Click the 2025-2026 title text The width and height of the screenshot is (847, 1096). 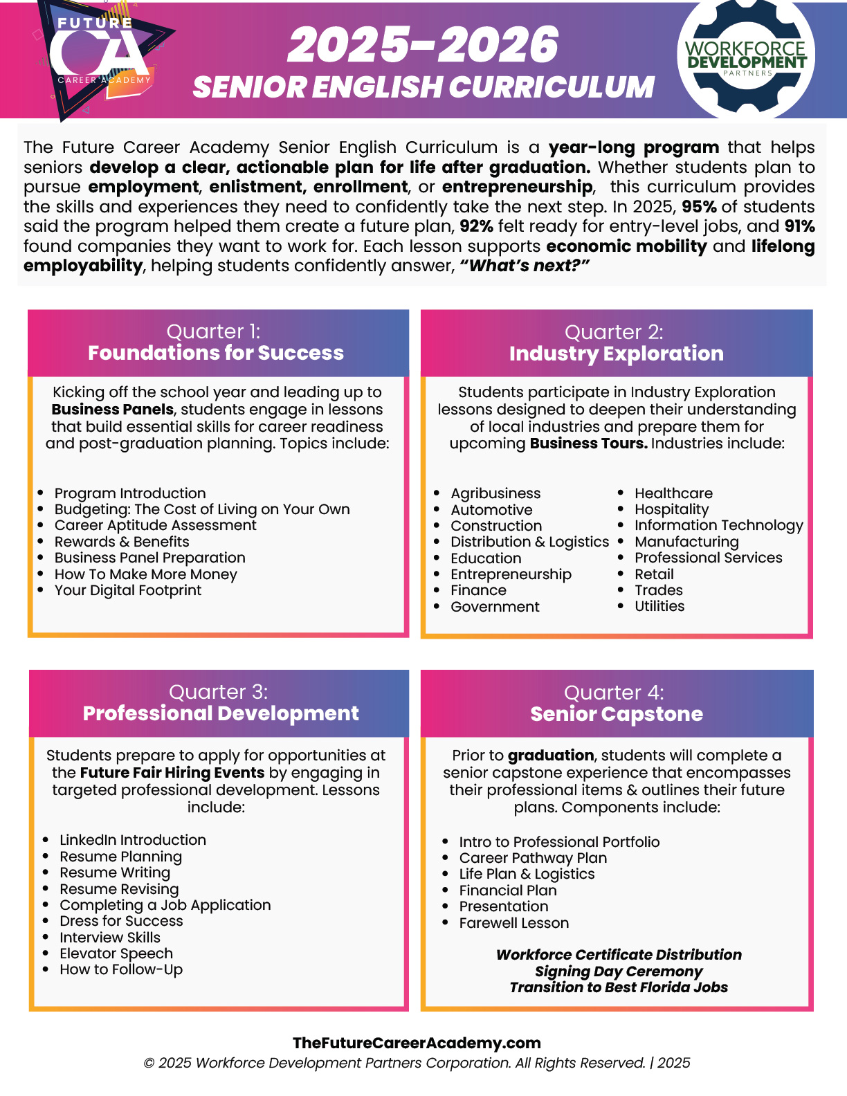(x=423, y=46)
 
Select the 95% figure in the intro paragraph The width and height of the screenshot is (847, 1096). (x=700, y=207)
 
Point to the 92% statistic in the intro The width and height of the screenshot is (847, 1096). (x=475, y=226)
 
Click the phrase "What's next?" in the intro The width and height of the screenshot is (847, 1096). (x=525, y=266)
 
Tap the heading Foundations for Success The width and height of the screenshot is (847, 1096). (x=216, y=353)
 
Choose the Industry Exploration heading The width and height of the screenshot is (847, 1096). (x=616, y=354)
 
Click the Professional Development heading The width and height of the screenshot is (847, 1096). (x=221, y=713)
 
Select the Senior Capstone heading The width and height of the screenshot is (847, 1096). (x=617, y=714)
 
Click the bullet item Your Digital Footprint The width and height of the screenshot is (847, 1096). (x=128, y=590)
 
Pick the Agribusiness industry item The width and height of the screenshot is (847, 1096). (x=495, y=493)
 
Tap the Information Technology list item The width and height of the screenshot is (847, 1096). (x=719, y=525)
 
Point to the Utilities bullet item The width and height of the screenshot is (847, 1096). (x=659, y=606)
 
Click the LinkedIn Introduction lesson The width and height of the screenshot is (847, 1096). (x=133, y=840)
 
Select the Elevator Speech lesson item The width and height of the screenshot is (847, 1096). (x=116, y=953)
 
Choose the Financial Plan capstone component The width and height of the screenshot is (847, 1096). (x=508, y=890)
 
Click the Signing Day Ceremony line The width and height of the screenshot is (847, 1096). (x=619, y=971)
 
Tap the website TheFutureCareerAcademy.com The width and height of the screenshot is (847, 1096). (x=417, y=1043)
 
